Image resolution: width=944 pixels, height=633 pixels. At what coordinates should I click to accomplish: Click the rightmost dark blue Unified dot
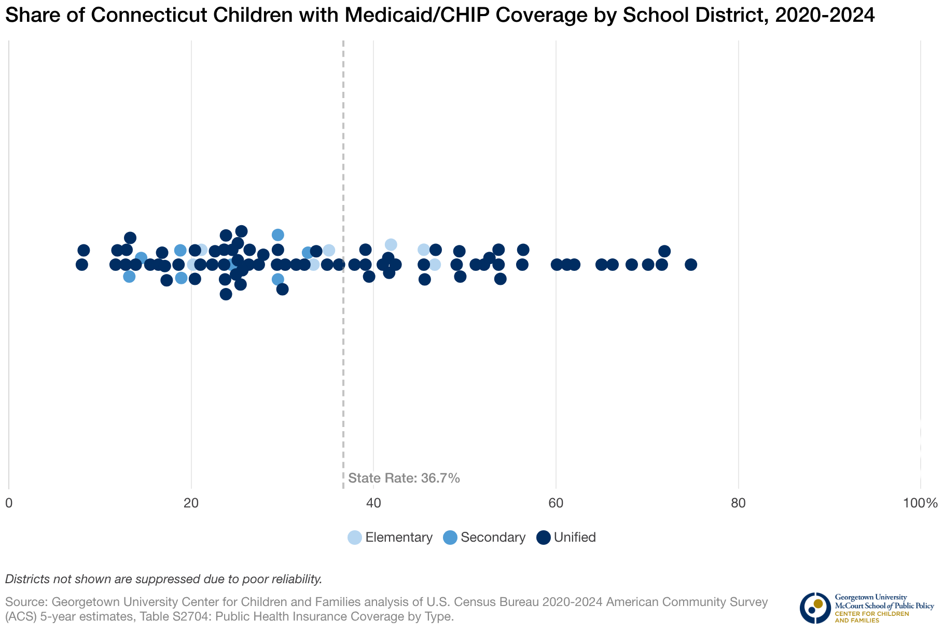[690, 265]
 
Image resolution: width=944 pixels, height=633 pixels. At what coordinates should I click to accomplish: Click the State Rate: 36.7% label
[404, 478]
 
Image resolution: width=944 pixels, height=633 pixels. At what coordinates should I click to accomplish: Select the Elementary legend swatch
[355, 538]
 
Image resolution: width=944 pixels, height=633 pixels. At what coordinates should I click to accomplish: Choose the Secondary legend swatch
[450, 538]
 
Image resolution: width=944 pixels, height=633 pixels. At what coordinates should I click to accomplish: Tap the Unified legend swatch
[543, 538]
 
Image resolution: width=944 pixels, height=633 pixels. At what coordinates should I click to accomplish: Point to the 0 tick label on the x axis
[9, 503]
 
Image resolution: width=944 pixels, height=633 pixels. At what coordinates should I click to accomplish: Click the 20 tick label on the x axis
[191, 503]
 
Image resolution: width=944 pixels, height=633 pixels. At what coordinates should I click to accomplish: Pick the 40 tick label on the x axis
[373, 503]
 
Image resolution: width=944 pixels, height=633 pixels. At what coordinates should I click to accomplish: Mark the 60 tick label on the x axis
[556, 503]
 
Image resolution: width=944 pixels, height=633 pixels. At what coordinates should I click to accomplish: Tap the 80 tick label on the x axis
[738, 503]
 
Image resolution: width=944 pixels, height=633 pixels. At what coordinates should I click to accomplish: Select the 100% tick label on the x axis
[920, 503]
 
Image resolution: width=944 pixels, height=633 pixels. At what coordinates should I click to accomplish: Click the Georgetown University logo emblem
[815, 608]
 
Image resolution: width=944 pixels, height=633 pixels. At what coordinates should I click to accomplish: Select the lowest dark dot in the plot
[226, 294]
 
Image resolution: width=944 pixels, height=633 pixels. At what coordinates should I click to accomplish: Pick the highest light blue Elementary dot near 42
[391, 244]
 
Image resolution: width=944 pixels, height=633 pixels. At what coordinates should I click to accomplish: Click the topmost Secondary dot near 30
[278, 235]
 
